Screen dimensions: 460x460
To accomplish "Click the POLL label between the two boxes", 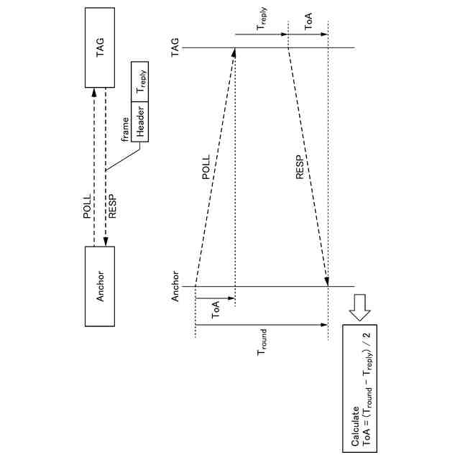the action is (88, 208).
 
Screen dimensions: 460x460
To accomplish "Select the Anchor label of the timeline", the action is (175, 287).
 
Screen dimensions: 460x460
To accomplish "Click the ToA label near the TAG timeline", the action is (308, 24).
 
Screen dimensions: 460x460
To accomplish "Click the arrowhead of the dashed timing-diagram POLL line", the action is (234, 53).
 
